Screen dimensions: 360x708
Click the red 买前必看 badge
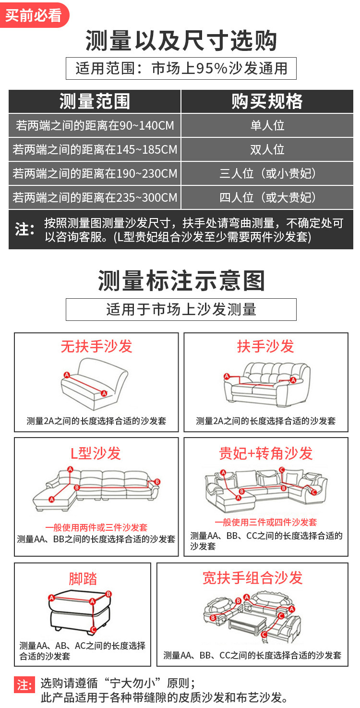click(34, 15)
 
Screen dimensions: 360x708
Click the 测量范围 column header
click(95, 101)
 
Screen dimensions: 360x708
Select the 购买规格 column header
click(267, 101)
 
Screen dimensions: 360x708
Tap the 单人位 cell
click(267, 125)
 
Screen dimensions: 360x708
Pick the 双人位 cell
click(267, 149)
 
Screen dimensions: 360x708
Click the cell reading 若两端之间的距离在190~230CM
click(95, 173)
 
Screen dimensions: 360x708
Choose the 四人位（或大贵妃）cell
click(267, 197)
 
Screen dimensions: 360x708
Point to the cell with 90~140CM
click(95, 125)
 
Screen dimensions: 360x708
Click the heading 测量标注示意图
click(181, 281)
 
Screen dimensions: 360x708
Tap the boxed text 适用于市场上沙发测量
click(181, 309)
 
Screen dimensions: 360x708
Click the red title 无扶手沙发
click(96, 346)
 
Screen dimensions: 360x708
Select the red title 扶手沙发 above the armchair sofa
click(265, 346)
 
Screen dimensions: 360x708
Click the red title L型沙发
click(96, 453)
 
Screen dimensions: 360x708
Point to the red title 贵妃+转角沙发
click(266, 453)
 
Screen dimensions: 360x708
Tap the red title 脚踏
click(83, 578)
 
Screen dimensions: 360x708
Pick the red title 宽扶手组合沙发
click(252, 578)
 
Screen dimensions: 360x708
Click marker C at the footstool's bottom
click(93, 630)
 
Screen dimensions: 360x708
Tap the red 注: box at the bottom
click(24, 685)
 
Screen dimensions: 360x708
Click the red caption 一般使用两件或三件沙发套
click(96, 527)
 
